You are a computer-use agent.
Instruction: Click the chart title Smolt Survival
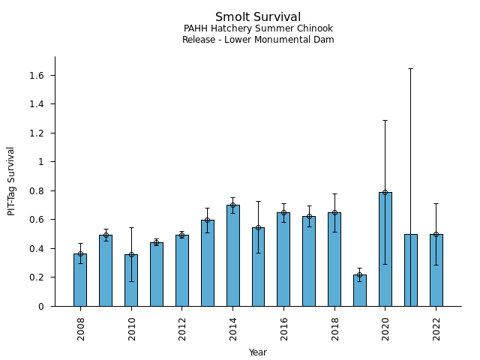click(x=258, y=17)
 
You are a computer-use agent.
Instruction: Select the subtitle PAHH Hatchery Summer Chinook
click(x=258, y=28)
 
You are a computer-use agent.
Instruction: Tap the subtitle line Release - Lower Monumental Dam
click(x=258, y=40)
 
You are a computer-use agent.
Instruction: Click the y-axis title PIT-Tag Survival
click(x=11, y=181)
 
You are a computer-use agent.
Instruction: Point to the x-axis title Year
click(x=258, y=352)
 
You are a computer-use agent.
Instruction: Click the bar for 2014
click(x=232, y=255)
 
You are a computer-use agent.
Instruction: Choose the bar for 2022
click(x=436, y=270)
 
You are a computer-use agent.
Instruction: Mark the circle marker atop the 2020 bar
click(x=385, y=192)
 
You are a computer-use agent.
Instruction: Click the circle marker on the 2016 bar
click(x=283, y=212)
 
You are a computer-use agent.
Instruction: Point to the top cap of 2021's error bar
click(x=410, y=68)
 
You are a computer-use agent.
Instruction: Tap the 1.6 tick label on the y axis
click(x=37, y=76)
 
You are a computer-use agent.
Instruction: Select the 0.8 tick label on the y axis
click(x=37, y=191)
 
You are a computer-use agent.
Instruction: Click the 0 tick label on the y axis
click(x=42, y=307)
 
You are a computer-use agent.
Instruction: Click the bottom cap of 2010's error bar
click(x=131, y=281)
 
